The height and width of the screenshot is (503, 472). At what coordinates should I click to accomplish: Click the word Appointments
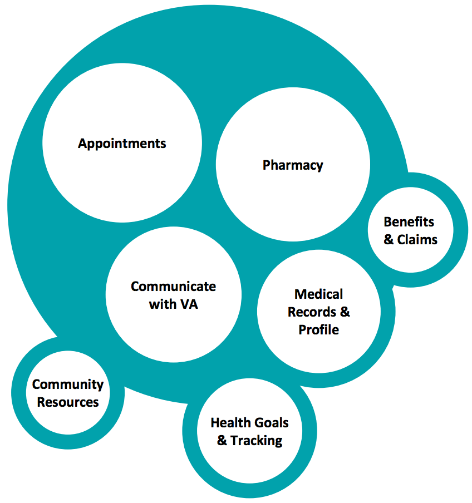[x=122, y=144]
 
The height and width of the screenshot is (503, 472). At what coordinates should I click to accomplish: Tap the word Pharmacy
[x=293, y=165]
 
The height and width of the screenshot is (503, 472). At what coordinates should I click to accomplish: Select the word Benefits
[x=409, y=222]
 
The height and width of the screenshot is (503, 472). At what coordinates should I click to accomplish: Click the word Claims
[x=417, y=240]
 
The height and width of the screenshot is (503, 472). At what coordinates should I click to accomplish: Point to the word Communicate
[x=173, y=287]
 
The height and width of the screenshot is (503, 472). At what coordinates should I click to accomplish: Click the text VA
[x=189, y=304]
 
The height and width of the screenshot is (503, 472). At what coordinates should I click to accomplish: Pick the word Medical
[x=319, y=294]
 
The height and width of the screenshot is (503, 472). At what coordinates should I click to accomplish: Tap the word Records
[x=312, y=312]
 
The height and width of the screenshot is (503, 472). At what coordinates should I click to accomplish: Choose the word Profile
[x=319, y=329]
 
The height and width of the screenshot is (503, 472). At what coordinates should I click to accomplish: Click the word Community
[x=68, y=384]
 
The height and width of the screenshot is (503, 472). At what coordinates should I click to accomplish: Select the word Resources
[x=68, y=402]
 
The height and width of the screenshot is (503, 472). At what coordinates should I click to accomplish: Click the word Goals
[x=270, y=423]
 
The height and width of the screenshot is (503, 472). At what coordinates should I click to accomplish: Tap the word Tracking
[x=257, y=441]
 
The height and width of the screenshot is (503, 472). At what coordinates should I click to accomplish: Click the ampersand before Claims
[x=389, y=240]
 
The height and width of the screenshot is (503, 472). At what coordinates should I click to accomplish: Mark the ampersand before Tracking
[x=222, y=441]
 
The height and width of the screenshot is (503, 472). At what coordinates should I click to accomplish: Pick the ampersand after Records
[x=345, y=312]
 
